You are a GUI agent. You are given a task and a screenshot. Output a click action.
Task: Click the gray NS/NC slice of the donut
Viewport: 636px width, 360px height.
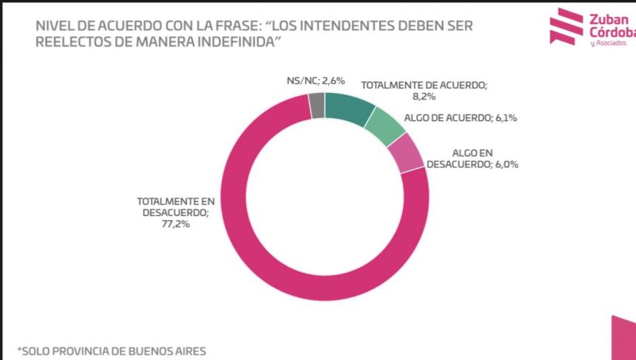pyautogui.click(x=317, y=105)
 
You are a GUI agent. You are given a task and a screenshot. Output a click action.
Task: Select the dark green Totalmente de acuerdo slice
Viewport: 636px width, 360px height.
pyautogui.click(x=348, y=108)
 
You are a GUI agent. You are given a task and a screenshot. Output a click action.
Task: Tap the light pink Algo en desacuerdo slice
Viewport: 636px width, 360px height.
pyautogui.click(x=405, y=153)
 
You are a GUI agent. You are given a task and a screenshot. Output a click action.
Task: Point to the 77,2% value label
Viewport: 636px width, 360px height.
pyautogui.click(x=175, y=224)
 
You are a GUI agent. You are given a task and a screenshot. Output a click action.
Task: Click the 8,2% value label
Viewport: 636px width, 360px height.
pyautogui.click(x=424, y=97)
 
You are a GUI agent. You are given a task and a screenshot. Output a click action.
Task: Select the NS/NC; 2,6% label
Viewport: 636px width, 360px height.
pyautogui.click(x=316, y=80)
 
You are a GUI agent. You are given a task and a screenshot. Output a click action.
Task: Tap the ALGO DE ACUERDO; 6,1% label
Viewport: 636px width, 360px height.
pyautogui.click(x=460, y=118)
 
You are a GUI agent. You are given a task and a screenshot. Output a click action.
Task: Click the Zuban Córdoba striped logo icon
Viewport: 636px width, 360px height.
pyautogui.click(x=566, y=27)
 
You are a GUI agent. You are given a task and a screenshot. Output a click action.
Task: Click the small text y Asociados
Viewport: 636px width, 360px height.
pyautogui.click(x=609, y=43)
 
